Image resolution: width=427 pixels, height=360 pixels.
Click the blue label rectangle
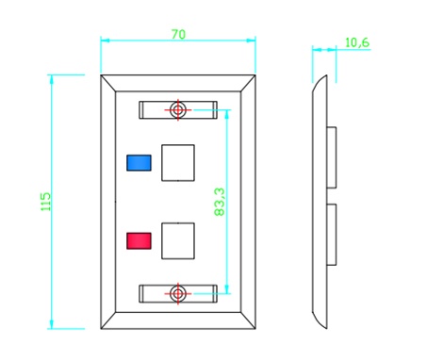(x=139, y=163)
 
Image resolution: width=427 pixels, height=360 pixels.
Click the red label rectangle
(x=139, y=241)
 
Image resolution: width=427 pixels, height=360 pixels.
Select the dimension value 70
(x=178, y=34)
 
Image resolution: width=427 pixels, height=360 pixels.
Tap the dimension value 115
(x=45, y=202)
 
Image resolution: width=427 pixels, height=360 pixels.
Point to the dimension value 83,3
(x=220, y=202)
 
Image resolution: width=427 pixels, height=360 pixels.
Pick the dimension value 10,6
(x=357, y=42)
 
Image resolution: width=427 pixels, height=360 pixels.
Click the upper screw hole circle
(x=178, y=110)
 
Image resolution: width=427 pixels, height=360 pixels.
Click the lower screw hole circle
(x=178, y=294)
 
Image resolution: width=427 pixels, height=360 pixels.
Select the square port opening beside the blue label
(x=178, y=163)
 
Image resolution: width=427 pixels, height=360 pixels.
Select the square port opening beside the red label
(x=178, y=241)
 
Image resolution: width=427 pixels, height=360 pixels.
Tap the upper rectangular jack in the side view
(x=332, y=157)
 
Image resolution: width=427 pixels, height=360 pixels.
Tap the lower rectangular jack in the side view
(x=332, y=235)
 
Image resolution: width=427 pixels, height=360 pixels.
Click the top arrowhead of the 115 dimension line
(x=51, y=79)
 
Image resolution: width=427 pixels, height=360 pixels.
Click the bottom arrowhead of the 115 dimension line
(x=51, y=324)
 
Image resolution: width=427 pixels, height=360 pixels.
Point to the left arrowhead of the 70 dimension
(x=105, y=41)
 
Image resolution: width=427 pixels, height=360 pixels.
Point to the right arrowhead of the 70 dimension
(x=251, y=41)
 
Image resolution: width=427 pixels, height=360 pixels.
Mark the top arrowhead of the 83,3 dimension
(x=227, y=114)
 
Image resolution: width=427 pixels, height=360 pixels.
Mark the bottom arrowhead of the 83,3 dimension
(x=227, y=289)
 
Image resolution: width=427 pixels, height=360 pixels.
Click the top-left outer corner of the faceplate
(x=101, y=75)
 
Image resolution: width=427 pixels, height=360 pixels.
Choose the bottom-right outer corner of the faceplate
(x=255, y=329)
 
